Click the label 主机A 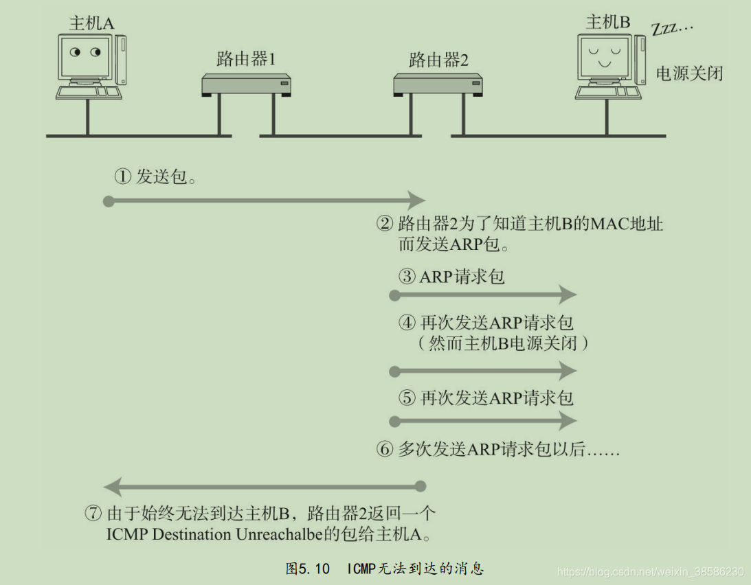91,23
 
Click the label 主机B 608,22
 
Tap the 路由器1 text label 245,60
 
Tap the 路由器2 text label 438,60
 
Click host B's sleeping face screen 603,56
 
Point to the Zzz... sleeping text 673,30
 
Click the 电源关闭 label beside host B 689,73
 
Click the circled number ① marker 122,177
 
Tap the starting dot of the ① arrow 108,201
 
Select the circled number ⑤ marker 407,398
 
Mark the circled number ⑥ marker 384,450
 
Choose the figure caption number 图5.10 307,569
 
